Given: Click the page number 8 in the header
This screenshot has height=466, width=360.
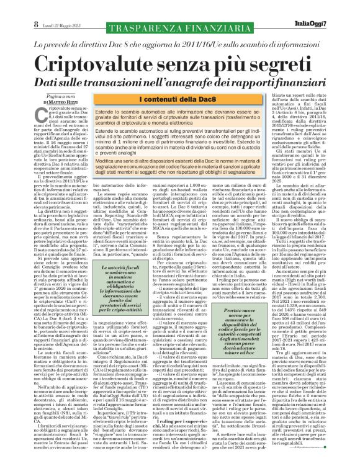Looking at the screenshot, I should click(11, 7).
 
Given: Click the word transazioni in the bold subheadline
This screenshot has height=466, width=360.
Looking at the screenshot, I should click(124, 80).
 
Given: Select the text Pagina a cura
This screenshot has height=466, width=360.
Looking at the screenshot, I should click(47, 95).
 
